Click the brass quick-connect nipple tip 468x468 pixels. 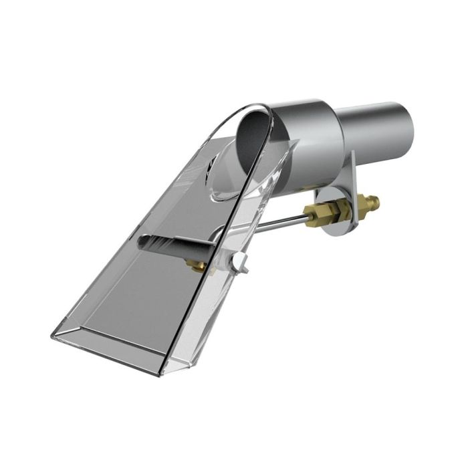(x=375, y=199)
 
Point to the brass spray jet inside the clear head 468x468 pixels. (x=195, y=266)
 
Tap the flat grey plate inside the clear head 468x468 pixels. (x=140, y=301)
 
